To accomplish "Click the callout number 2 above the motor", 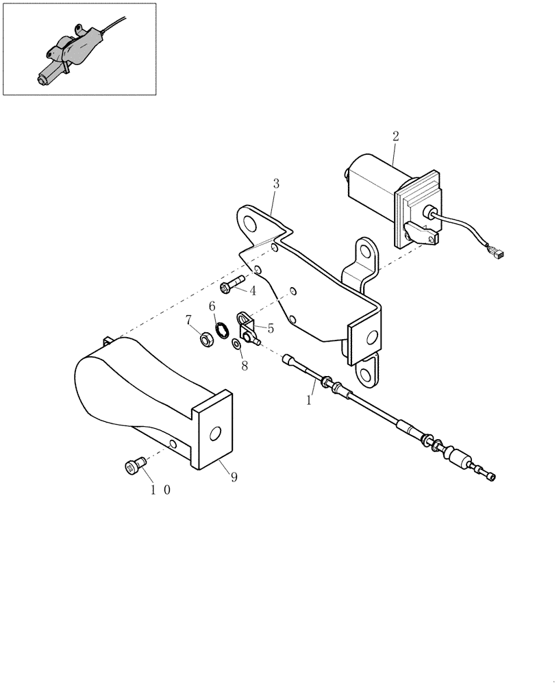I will pos(395,136).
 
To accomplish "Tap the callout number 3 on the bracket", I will pos(275,184).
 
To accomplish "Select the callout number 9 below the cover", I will pos(234,477).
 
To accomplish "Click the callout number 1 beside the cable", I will pos(309,399).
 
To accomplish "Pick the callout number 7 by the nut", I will pos(188,320).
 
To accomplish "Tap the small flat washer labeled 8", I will pos(236,342).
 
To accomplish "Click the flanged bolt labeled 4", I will pos(232,284).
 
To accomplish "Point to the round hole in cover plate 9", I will pos(215,433).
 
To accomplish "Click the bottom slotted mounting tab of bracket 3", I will pos(369,371).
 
